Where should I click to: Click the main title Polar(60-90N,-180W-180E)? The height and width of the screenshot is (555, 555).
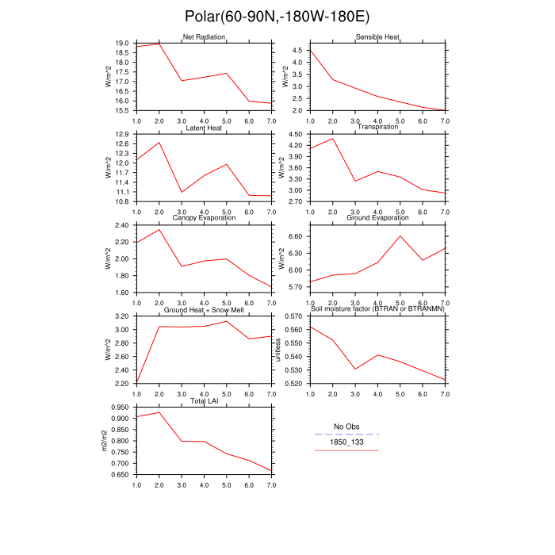tap(277, 17)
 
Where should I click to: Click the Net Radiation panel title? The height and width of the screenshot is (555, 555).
tap(204, 37)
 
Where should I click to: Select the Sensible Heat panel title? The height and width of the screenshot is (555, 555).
tap(377, 37)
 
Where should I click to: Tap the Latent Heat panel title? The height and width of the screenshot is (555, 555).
tap(204, 128)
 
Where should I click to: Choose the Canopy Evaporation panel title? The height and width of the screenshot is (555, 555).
tap(204, 218)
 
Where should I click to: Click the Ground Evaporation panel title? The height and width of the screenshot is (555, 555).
tap(377, 218)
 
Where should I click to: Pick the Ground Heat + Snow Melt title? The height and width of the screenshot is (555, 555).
tap(204, 309)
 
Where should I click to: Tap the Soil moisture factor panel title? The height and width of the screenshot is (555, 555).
tap(377, 309)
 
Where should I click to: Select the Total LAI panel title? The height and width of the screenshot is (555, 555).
tap(204, 400)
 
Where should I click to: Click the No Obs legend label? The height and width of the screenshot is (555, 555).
tap(346, 427)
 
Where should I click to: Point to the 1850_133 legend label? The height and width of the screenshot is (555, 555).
tap(346, 442)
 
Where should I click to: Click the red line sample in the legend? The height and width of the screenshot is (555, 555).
tap(346, 450)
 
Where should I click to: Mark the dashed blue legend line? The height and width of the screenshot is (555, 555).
tap(346, 434)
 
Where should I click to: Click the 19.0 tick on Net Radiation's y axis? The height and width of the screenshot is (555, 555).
tap(122, 44)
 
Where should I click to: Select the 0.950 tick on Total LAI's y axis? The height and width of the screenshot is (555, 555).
tap(120, 408)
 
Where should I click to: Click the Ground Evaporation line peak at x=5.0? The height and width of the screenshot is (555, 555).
tap(400, 236)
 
